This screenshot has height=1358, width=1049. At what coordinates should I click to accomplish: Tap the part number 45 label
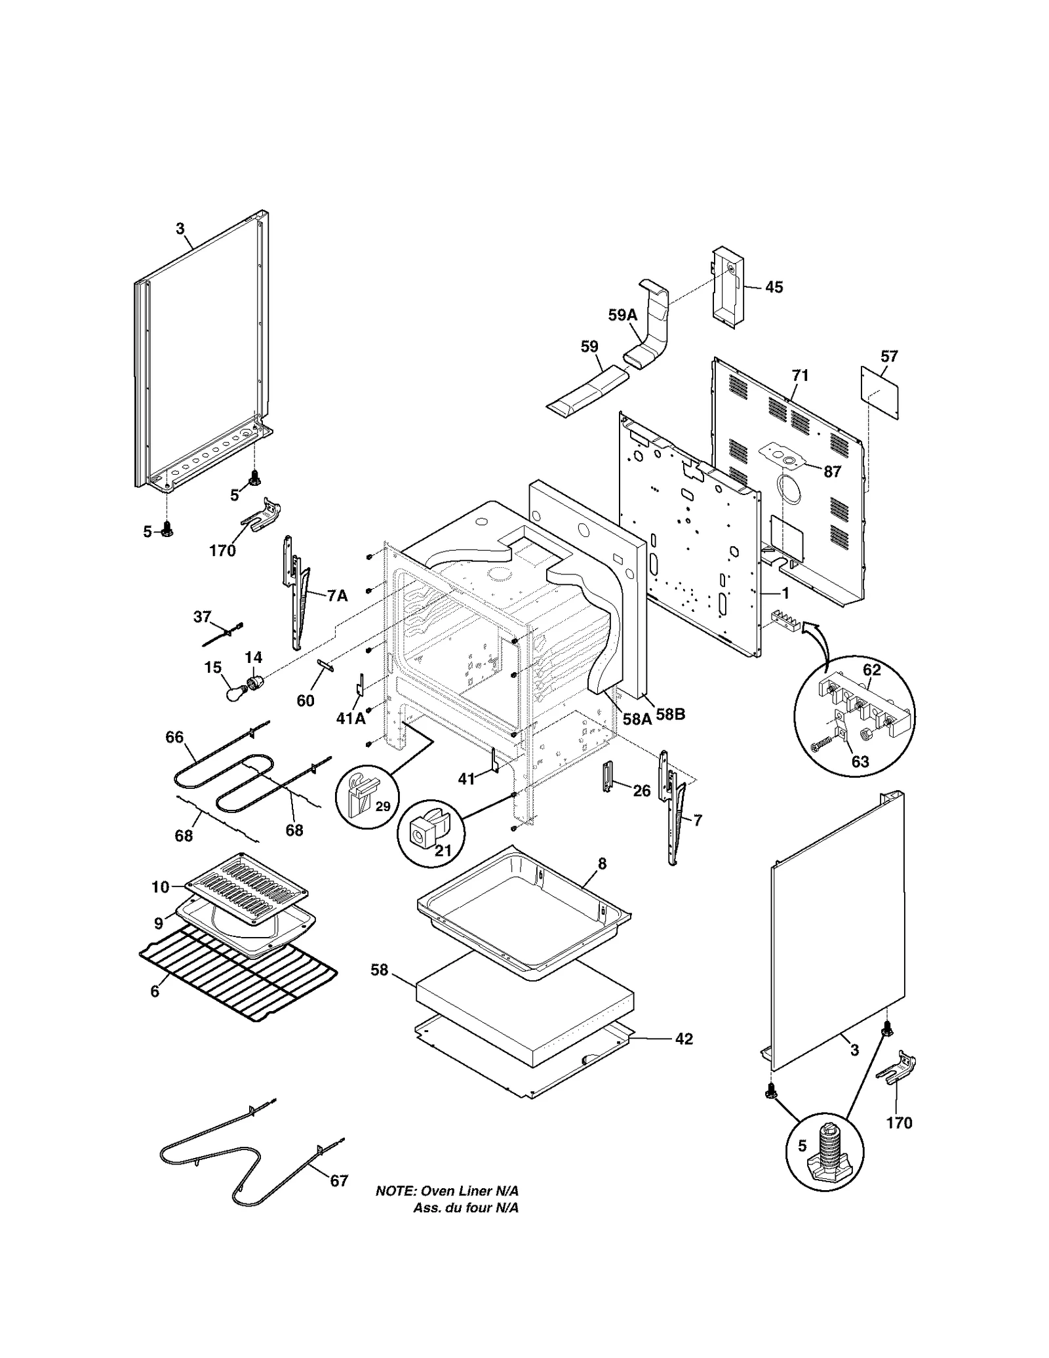(774, 287)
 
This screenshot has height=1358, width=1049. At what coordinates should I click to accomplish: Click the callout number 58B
(670, 715)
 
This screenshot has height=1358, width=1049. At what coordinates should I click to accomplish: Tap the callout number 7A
(337, 595)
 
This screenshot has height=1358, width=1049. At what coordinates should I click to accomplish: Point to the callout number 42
(683, 1039)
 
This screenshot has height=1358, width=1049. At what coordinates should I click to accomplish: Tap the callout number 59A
(622, 315)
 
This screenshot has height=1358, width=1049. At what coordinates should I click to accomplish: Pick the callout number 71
(800, 376)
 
